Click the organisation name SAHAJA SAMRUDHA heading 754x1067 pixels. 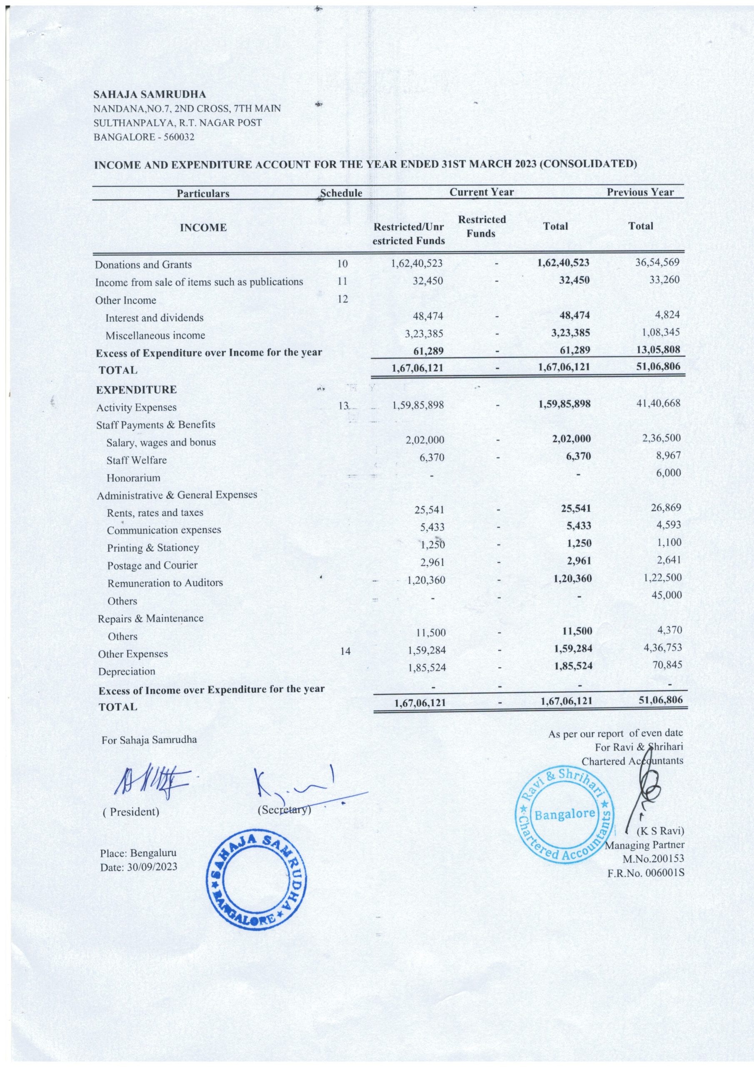150,95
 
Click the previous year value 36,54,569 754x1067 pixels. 657,262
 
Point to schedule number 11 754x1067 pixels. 342,281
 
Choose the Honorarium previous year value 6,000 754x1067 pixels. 669,473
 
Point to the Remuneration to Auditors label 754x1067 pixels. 165,583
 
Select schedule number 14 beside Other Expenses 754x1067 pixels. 345,651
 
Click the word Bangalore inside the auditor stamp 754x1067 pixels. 565,814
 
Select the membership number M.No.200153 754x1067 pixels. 649,859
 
